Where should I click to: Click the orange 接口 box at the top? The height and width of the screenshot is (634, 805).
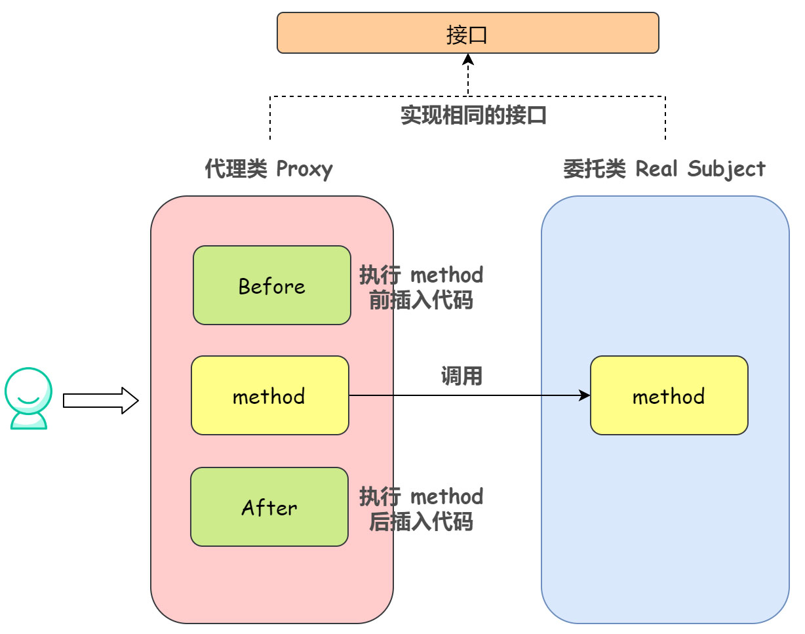pos(467,33)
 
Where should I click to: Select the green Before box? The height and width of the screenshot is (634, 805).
pos(271,285)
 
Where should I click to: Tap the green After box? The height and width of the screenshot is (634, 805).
pos(269,507)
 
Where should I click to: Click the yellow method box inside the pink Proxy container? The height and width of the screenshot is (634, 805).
pos(269,395)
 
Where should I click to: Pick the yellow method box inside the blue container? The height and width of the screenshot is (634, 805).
pos(669,395)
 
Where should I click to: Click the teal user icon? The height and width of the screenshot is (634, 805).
pos(28,399)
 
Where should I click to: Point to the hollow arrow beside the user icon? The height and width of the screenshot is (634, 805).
pos(101,401)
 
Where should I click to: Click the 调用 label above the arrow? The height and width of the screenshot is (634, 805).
pos(461,376)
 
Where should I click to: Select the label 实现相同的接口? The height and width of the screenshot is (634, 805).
pos(473,115)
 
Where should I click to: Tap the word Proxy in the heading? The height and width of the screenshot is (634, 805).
pos(304,169)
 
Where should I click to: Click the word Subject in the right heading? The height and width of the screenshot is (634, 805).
pos(728,169)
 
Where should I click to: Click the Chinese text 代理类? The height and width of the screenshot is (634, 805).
pos(235,169)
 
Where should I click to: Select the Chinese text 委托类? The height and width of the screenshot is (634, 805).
pos(594,169)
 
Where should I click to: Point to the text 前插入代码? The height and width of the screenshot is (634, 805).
pos(421,300)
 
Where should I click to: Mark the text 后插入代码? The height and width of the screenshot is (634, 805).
pos(421,522)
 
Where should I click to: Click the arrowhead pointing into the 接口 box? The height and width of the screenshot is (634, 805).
pos(468,60)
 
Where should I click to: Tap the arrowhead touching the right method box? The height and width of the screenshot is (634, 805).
pos(584,395)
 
